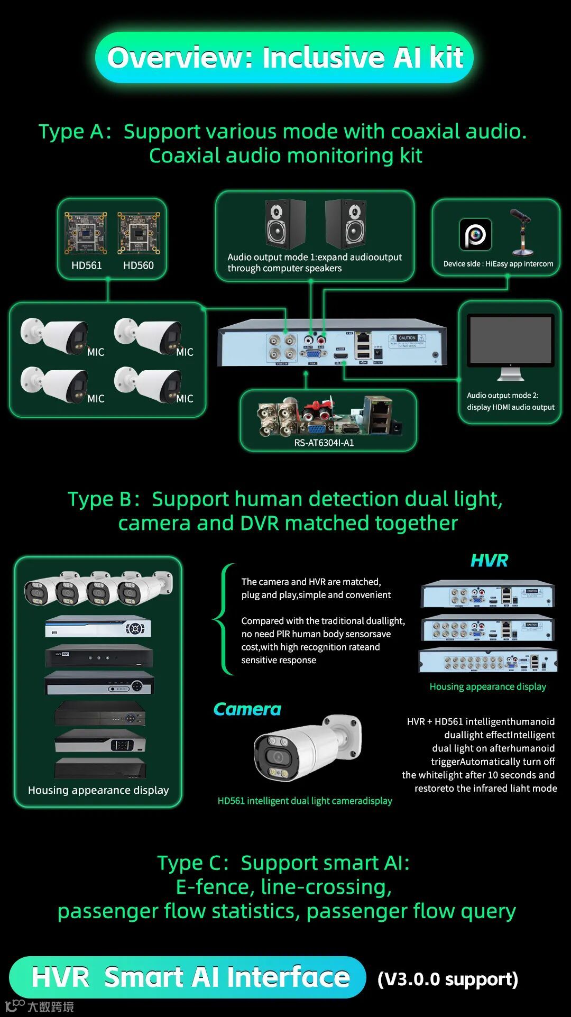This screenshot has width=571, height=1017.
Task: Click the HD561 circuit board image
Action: click(x=86, y=233)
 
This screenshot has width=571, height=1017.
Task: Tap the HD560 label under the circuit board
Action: click(x=139, y=265)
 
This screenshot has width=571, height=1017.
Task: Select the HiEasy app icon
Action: click(x=475, y=234)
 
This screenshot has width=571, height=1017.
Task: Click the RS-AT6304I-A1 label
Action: click(x=324, y=443)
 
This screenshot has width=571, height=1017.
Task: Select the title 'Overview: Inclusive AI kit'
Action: click(x=285, y=58)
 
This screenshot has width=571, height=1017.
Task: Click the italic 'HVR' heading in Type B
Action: click(x=489, y=561)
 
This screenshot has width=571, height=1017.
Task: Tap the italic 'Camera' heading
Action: click(x=247, y=709)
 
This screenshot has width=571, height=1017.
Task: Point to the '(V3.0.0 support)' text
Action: click(x=448, y=979)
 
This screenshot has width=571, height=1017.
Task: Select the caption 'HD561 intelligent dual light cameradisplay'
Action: click(x=305, y=801)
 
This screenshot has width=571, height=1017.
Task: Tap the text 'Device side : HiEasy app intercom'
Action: click(x=498, y=264)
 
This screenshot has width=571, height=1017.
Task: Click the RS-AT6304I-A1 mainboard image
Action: click(x=328, y=417)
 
